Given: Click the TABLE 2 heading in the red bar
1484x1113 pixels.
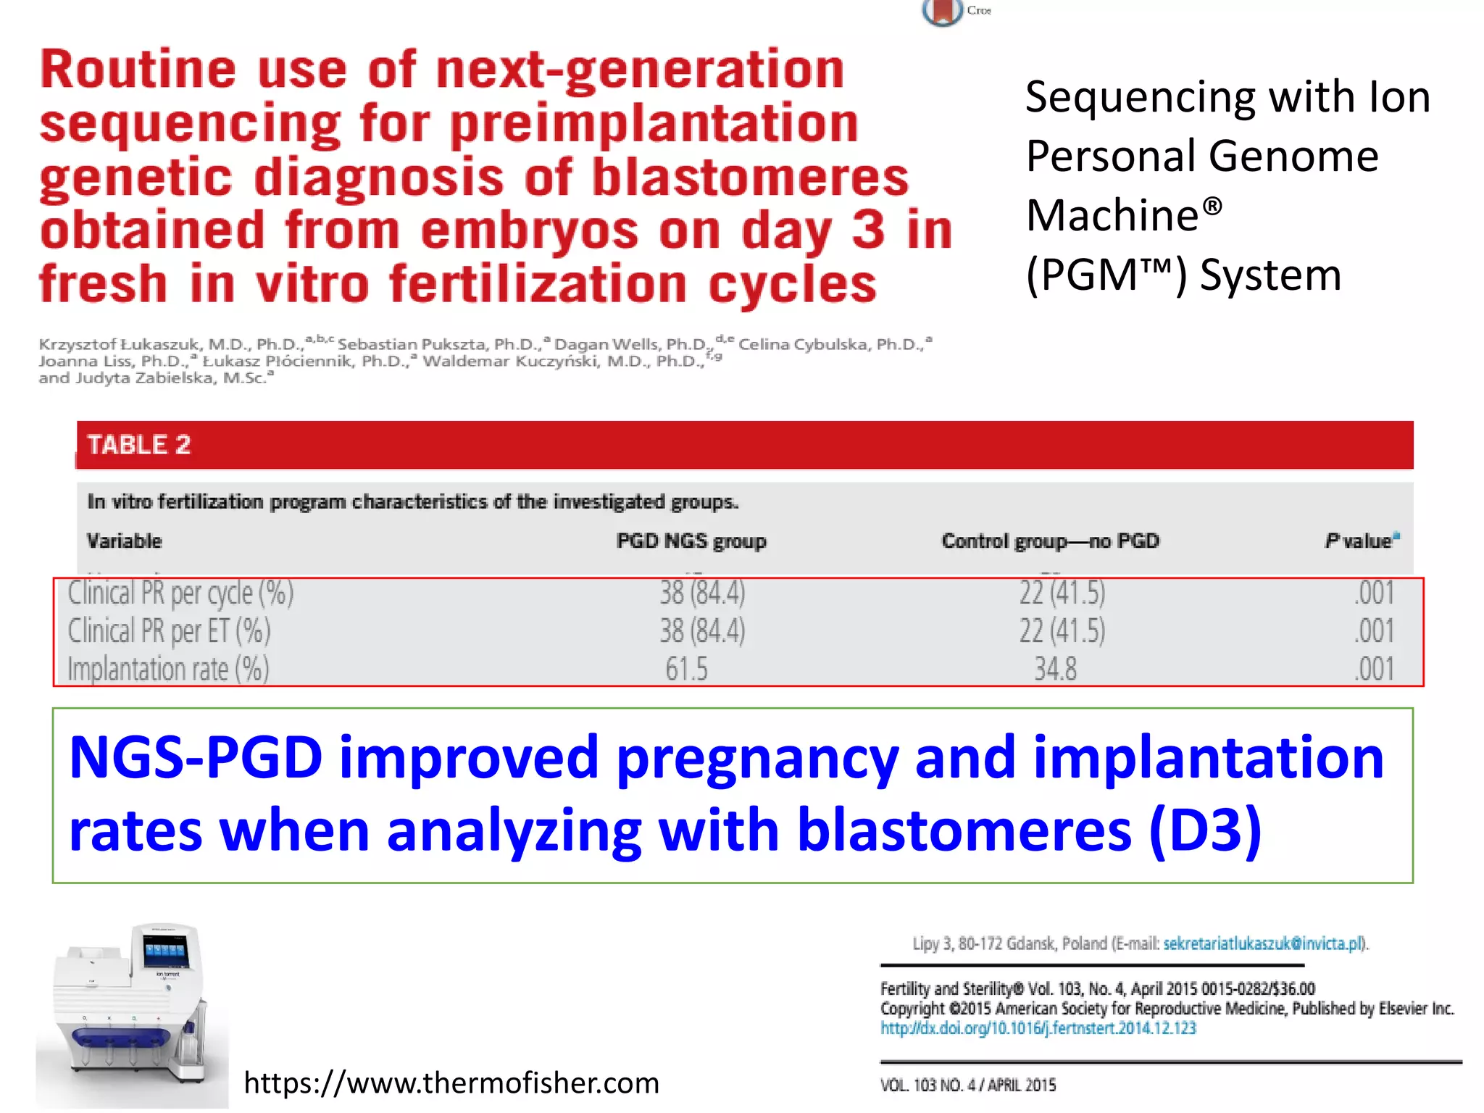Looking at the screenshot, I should point(138,444).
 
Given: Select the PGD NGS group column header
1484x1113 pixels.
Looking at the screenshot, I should point(691,541).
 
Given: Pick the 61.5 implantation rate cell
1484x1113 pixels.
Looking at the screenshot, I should point(686,668).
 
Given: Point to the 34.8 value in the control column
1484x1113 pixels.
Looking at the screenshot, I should point(1055,668).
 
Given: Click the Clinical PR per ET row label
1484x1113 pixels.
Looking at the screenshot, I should point(169,630).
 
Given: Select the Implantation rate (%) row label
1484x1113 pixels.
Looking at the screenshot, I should point(168,668).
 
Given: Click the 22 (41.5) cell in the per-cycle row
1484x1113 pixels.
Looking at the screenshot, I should point(1062,593).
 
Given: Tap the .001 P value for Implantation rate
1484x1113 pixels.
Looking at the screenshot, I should point(1374,668).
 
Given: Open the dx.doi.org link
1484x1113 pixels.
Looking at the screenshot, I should point(1038,1027).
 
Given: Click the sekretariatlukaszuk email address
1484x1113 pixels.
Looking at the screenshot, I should point(1262,943).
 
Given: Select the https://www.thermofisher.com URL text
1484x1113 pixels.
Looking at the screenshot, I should point(451,1083).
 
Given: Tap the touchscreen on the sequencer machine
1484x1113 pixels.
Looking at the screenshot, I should point(164,950).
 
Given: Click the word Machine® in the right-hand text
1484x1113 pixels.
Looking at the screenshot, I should point(1123,215).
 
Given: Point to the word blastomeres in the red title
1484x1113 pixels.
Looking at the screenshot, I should point(750,177).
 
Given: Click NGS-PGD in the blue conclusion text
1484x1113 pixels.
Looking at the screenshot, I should point(196,756).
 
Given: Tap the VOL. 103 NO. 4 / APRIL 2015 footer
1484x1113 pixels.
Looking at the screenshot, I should point(967,1085).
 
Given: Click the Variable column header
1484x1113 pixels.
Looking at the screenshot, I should point(124,541).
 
